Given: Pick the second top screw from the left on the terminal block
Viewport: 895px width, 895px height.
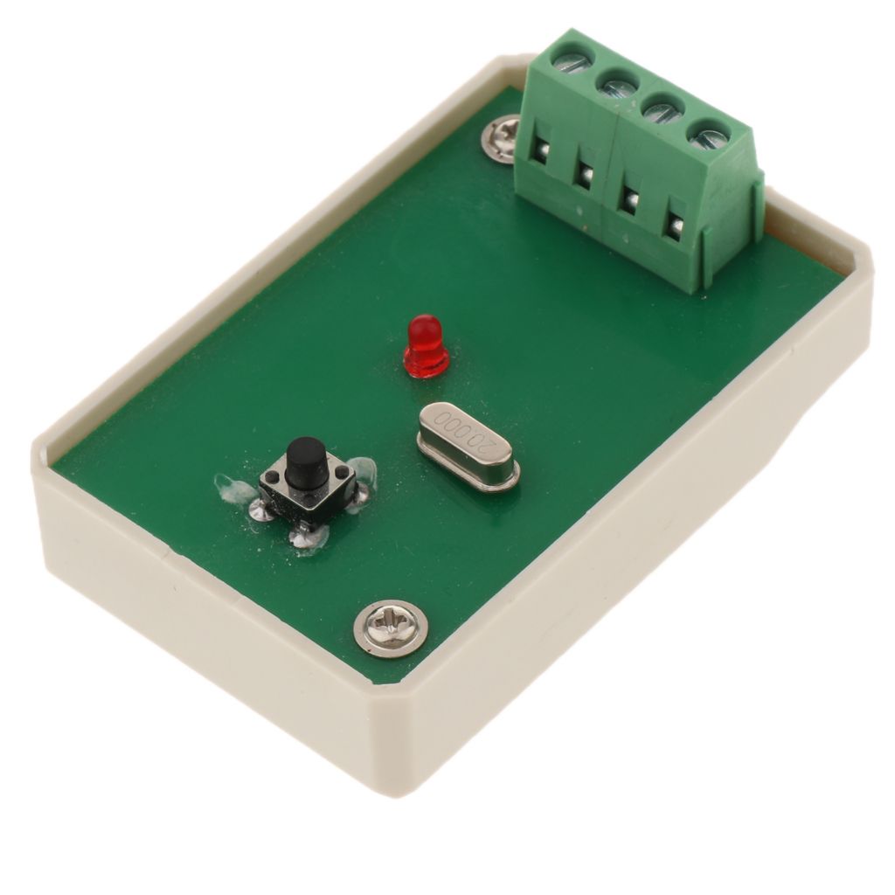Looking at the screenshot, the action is tap(618, 85).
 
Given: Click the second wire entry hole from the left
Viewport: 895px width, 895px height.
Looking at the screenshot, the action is tap(585, 176).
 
